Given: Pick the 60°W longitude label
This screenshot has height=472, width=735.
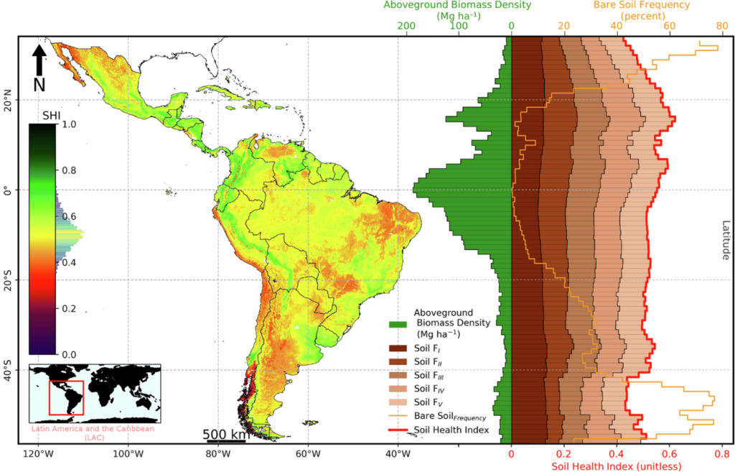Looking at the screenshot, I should tap(307, 454).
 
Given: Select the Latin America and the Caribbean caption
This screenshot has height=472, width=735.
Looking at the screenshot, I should tap(95, 432).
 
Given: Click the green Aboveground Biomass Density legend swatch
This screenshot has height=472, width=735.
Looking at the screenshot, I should tap(398, 323).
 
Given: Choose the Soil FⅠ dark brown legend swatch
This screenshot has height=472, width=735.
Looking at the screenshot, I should tap(398, 348).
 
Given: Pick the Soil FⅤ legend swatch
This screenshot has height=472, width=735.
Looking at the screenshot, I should tap(398, 402).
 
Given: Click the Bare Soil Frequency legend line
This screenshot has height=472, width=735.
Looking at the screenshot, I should tap(398, 416).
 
